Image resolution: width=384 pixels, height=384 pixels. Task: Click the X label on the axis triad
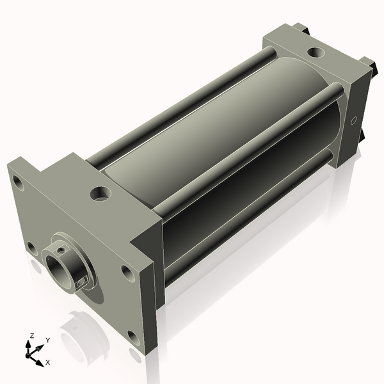point(48,362)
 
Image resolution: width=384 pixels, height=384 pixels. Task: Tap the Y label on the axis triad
point(47,340)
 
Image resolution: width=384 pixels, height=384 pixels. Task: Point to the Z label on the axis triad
point(31,335)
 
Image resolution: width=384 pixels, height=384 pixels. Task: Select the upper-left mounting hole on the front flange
point(19,185)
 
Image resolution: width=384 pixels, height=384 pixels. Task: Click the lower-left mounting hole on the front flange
point(31,246)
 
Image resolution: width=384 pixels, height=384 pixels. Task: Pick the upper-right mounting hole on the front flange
point(128,273)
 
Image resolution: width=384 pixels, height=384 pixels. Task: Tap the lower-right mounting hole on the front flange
point(133,335)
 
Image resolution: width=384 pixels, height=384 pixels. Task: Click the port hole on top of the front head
point(99,192)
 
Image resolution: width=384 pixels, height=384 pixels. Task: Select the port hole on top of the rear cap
point(315,52)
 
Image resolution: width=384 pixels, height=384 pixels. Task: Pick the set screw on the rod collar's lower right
point(81,280)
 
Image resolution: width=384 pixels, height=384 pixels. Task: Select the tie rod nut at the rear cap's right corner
point(369,64)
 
